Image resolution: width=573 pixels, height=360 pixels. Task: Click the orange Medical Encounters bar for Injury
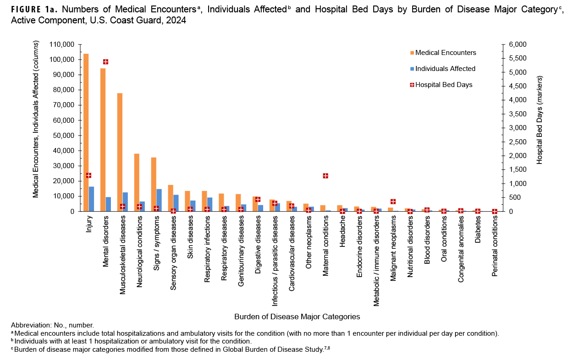(x=86, y=133)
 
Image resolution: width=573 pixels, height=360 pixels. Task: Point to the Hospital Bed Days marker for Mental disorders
(x=105, y=62)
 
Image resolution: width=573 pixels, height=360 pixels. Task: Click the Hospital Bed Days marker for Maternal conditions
(x=325, y=176)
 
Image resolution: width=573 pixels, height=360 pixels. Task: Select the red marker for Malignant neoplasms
(x=393, y=202)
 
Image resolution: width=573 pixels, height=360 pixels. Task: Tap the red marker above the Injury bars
(x=88, y=175)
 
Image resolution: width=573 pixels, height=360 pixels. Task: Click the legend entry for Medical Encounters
(x=445, y=53)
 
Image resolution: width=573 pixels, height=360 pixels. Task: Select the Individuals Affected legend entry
(x=445, y=69)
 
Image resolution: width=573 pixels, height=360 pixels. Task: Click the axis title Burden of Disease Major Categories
(x=297, y=316)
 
